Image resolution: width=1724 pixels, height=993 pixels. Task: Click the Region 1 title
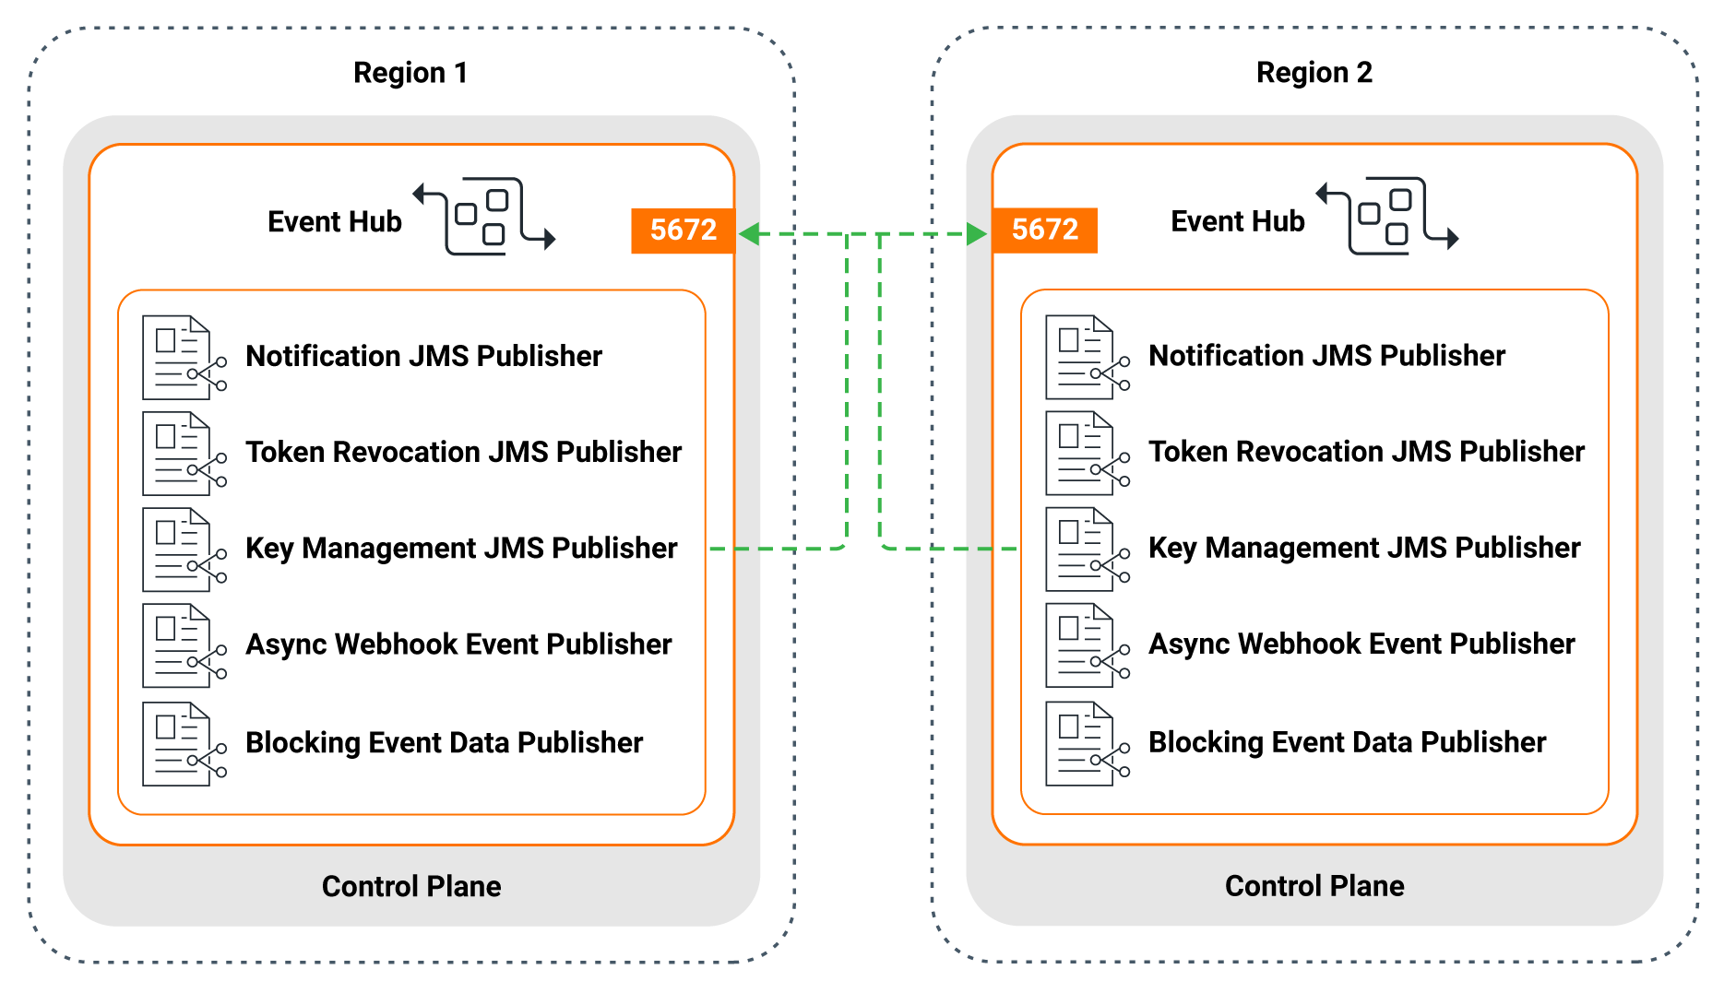pos(410,73)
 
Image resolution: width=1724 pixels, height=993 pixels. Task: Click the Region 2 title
pos(1314,73)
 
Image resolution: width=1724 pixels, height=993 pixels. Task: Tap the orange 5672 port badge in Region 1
pos(683,230)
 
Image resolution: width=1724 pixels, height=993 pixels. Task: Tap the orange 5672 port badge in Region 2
pos(1044,230)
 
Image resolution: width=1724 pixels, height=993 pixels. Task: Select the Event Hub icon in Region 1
pos(484,216)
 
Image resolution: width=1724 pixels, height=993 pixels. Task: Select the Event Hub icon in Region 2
pos(1387,216)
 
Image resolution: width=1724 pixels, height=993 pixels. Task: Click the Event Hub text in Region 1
pos(335,222)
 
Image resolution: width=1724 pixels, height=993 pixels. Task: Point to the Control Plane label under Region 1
pos(411,886)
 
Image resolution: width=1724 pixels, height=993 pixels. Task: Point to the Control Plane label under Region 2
pos(1314,886)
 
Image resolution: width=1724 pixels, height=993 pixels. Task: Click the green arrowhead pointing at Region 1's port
pos(750,234)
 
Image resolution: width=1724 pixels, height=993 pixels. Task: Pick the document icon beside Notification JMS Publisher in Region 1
pos(184,358)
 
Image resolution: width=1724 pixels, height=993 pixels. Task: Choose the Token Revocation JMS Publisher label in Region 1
pos(463,452)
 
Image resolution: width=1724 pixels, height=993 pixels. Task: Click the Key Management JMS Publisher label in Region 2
pos(1364,548)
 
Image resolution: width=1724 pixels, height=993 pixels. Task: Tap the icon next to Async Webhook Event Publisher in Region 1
pos(184,646)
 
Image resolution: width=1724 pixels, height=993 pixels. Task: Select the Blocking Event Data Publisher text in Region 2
pos(1347,742)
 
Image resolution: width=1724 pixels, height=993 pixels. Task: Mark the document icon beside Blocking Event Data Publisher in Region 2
pos(1087,744)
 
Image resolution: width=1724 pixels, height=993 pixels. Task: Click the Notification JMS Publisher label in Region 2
pos(1326,356)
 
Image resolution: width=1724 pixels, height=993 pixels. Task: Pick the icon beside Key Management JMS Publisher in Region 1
pos(184,550)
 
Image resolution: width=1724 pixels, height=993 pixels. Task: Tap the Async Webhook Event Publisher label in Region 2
pos(1361,644)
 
